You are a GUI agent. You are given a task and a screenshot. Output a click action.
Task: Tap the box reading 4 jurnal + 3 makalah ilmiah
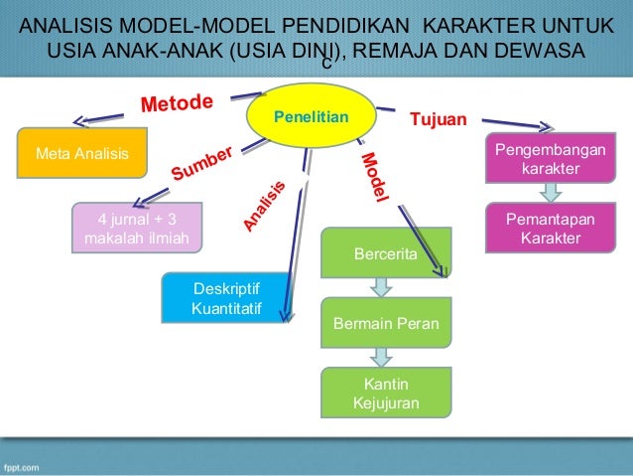click(131, 229)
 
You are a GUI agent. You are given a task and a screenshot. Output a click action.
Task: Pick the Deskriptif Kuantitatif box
click(225, 298)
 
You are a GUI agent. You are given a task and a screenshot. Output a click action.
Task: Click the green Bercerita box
click(386, 252)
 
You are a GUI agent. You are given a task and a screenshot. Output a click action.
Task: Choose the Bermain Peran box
click(386, 323)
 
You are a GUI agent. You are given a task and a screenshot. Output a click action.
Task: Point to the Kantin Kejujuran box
click(386, 393)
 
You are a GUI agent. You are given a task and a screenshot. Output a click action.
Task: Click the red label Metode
click(178, 104)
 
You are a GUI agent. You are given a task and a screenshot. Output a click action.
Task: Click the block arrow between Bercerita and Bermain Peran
click(382, 287)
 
